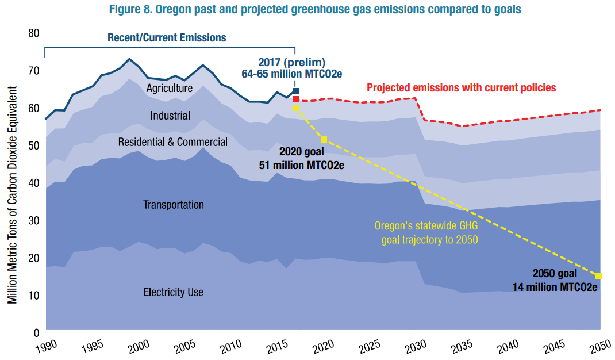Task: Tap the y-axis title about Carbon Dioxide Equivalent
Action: pos(12,196)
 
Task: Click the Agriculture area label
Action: pos(169,88)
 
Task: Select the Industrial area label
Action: pos(170,116)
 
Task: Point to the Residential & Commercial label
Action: pos(172,142)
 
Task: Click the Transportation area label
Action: pos(173,205)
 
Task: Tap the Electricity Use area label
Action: pos(173,292)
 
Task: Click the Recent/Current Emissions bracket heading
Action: pos(167,38)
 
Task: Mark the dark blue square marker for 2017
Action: pos(295,91)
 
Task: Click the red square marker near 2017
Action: pos(295,99)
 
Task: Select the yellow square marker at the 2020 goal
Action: pos(324,140)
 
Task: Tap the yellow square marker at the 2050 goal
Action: pos(598,275)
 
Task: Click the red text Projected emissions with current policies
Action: pos(461,88)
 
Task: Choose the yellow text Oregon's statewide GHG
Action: pos(426,226)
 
